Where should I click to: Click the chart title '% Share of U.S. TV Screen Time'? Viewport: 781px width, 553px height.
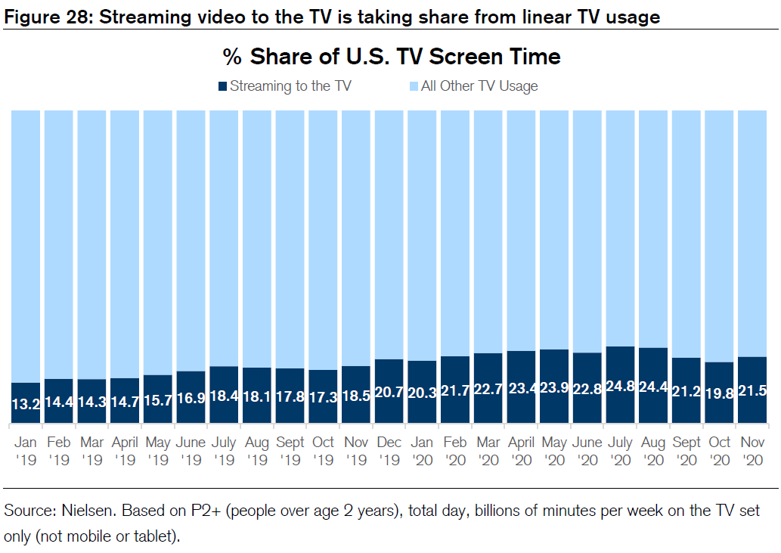tap(391, 57)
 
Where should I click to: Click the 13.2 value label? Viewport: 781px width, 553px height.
tap(26, 405)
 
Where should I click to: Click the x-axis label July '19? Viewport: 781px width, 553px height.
tap(224, 450)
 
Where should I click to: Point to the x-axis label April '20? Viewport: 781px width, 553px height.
tap(521, 450)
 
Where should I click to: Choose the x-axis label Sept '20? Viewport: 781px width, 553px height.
tap(686, 450)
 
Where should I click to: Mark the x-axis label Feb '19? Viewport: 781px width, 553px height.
tap(59, 450)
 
